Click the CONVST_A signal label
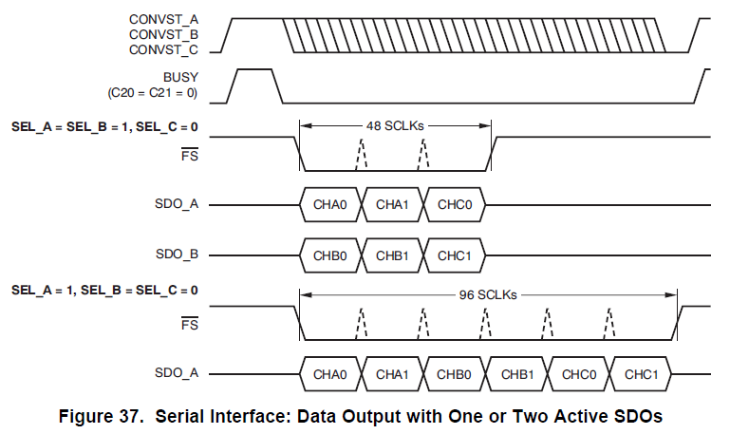[x=164, y=18]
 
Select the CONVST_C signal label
[x=164, y=48]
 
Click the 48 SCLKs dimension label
[x=395, y=124]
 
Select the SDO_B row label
[x=178, y=255]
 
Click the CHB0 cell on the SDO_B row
[x=330, y=255]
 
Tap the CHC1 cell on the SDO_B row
[x=456, y=255]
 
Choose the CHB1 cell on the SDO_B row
[x=393, y=255]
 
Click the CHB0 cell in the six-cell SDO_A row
[x=455, y=374]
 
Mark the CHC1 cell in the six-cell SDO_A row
[x=641, y=374]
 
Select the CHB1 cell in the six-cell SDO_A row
[x=517, y=374]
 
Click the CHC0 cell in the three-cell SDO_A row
[x=456, y=203]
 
